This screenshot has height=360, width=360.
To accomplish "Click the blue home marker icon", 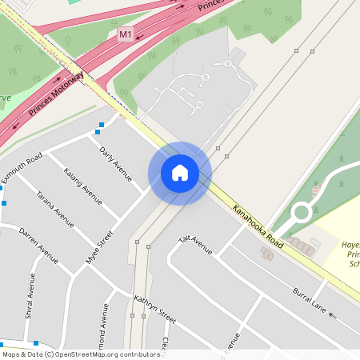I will [180, 173].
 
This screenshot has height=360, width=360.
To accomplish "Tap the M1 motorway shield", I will [125, 35].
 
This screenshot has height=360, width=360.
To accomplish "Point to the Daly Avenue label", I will [115, 163].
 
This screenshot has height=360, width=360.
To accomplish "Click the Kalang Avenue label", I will [83, 185].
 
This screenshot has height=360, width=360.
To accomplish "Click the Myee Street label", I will [100, 246].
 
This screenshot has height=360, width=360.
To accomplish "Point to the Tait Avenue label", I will [196, 244].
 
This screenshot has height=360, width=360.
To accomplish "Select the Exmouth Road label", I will [22, 167].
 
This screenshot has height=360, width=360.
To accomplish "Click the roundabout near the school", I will [302, 212].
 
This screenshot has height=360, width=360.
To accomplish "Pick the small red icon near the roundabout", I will [316, 190].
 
